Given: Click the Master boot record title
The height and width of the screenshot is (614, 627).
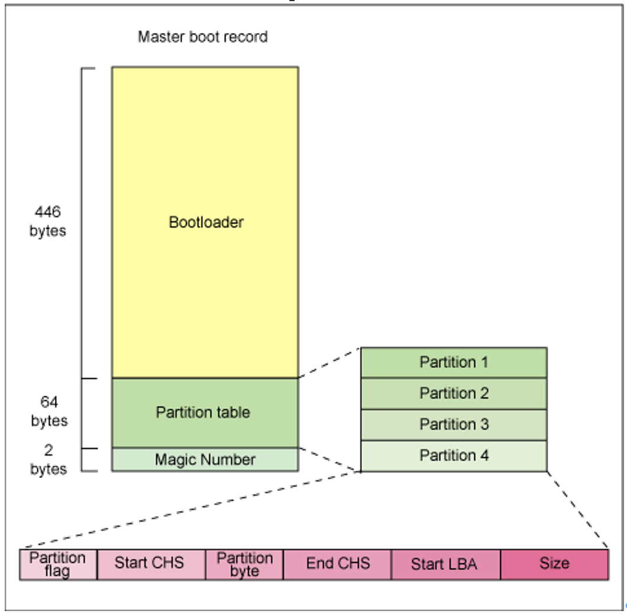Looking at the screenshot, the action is (x=203, y=37).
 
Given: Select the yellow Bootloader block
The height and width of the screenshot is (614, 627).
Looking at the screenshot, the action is (x=205, y=222).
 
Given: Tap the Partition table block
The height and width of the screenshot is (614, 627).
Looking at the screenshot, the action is (x=205, y=412).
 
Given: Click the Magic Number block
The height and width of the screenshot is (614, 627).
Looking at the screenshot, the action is (x=205, y=459).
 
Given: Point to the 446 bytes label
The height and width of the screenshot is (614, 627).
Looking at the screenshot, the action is (x=48, y=221).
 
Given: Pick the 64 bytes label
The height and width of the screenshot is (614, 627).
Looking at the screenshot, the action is (x=49, y=411).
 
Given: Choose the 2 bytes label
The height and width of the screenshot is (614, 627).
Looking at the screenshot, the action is (x=49, y=459).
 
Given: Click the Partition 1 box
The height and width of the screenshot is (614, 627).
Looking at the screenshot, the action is (x=454, y=363).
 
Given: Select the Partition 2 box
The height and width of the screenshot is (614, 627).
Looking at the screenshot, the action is (x=454, y=393).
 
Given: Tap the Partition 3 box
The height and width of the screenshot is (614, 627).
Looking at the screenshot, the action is (x=454, y=425).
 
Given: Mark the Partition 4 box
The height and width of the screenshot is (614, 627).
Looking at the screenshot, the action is (x=454, y=456).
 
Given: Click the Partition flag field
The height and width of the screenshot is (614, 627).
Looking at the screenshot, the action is (x=58, y=564).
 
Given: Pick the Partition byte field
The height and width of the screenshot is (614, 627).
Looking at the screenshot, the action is (x=244, y=564).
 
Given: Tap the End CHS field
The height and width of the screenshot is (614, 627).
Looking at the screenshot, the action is (x=337, y=564).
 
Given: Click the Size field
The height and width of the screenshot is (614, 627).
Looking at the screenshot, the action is (x=555, y=564).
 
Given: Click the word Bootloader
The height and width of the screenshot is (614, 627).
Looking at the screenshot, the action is (x=206, y=222).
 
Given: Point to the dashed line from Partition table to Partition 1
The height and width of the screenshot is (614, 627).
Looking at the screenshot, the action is (x=329, y=363).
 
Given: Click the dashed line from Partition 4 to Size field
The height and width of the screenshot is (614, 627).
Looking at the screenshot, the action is (x=577, y=510).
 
